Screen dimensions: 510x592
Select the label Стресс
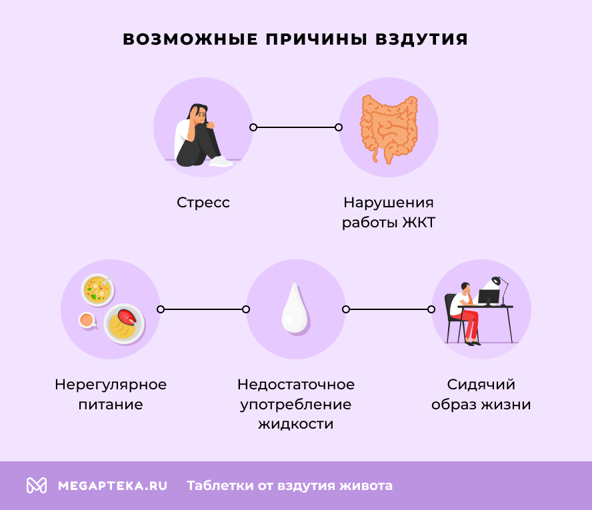click(x=203, y=203)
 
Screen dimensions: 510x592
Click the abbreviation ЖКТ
click(x=419, y=223)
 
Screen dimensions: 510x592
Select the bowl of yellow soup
click(x=98, y=289)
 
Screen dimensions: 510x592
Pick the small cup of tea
click(x=87, y=321)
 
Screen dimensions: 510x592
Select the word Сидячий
click(x=481, y=385)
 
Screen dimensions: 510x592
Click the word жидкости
click(x=295, y=424)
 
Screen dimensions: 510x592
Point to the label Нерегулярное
click(x=111, y=385)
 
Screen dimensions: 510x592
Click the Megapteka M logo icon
click(x=37, y=485)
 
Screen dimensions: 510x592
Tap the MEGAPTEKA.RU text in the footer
click(x=112, y=486)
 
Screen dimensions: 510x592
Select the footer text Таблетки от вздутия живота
click(x=289, y=486)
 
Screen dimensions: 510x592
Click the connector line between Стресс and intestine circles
click(x=295, y=127)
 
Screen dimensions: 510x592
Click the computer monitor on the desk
click(x=489, y=297)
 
